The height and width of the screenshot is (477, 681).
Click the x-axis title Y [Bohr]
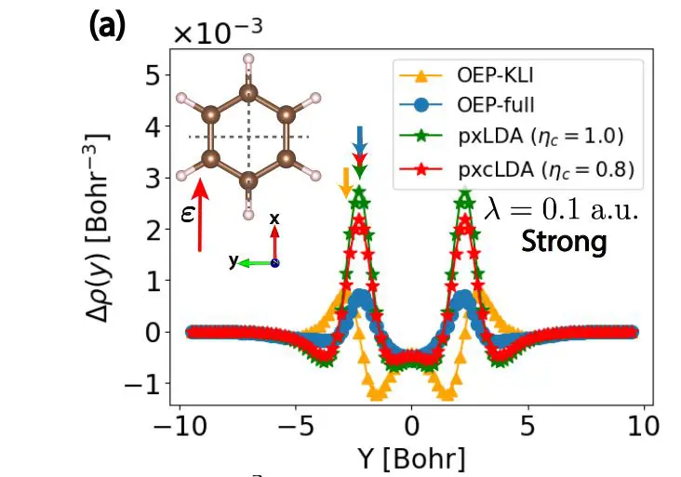click(x=410, y=458)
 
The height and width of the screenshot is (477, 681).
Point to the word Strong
click(x=564, y=243)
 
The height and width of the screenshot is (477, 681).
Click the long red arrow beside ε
click(x=200, y=218)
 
